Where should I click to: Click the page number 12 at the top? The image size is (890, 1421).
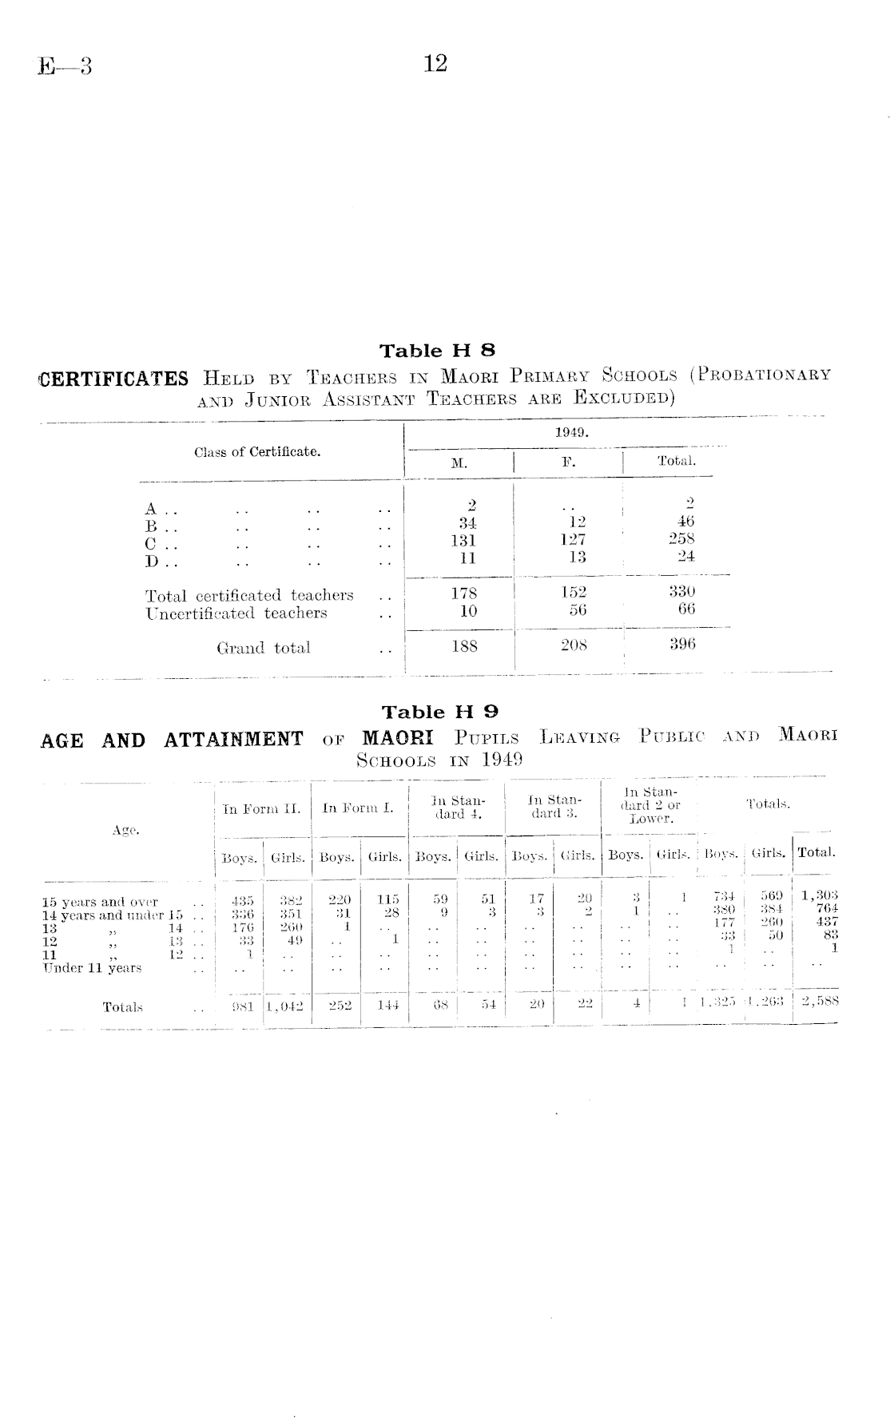(x=435, y=63)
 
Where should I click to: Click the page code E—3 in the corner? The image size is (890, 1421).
(x=65, y=66)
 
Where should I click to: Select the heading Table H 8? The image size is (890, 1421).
(x=437, y=351)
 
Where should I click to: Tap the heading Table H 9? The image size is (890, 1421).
(x=439, y=712)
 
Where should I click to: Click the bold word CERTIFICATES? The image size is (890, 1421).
(x=113, y=379)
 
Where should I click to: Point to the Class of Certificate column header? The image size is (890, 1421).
(x=257, y=452)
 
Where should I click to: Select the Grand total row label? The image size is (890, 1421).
(x=263, y=648)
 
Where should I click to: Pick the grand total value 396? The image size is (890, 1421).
(x=682, y=644)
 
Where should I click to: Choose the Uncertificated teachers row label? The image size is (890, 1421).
(x=236, y=613)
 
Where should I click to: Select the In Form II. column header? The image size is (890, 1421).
(x=261, y=808)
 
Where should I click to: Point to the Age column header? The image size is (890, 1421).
(x=125, y=831)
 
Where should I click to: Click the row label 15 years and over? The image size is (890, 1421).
(x=100, y=902)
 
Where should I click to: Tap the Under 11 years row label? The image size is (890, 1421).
(x=92, y=968)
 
